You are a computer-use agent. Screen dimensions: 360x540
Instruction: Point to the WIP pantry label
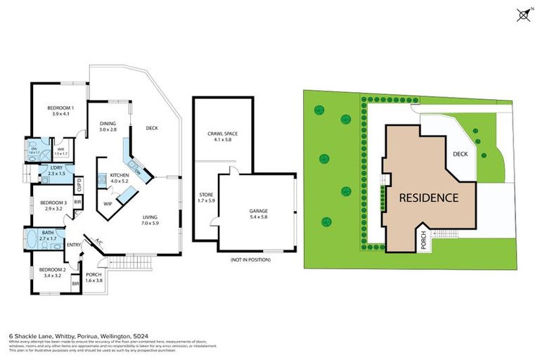108,203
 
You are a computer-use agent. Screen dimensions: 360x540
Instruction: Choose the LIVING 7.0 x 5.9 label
150,220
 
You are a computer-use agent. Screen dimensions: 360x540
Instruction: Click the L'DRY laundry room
57,170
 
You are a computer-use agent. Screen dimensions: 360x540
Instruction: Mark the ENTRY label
74,245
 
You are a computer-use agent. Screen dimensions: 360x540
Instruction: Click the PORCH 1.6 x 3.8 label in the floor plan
94,277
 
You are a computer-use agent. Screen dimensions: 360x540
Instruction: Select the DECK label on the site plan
461,155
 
